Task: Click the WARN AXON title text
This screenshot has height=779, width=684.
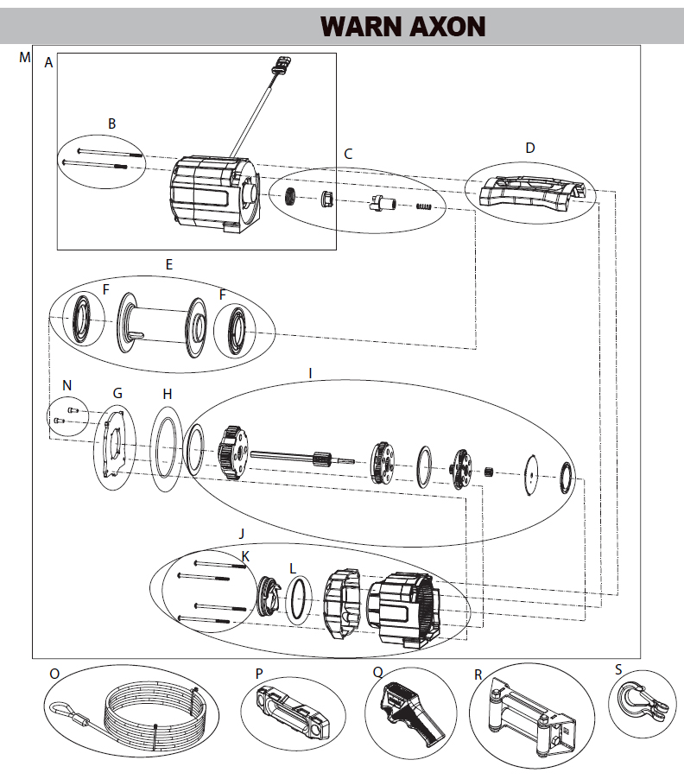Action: tap(402, 26)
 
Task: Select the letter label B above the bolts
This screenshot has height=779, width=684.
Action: tap(111, 123)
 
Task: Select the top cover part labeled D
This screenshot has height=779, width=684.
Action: tap(528, 190)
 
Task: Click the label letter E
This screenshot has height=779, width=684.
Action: tap(168, 264)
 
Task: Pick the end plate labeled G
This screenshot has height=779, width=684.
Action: tap(114, 446)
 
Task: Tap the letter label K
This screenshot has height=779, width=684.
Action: tap(245, 557)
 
